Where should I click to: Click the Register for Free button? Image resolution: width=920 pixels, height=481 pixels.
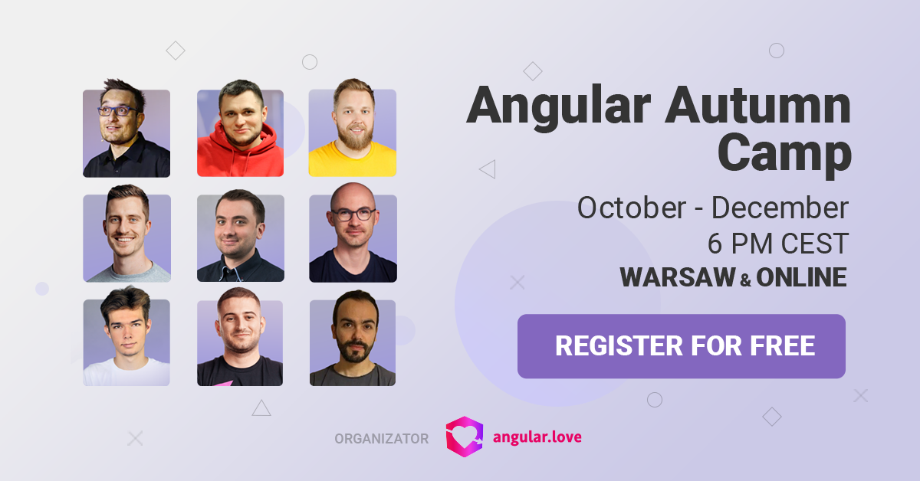point(682,346)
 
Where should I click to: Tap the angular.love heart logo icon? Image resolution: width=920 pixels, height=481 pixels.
point(465,437)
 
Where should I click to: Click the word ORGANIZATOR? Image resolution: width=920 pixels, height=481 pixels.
point(382,439)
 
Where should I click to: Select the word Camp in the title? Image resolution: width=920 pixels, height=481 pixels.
point(784,154)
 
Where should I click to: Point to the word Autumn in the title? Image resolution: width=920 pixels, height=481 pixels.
point(758,105)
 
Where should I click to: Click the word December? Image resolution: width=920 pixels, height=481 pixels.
point(780,208)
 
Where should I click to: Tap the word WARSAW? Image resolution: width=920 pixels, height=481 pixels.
point(678,277)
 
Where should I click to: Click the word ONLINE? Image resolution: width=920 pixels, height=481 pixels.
point(802,277)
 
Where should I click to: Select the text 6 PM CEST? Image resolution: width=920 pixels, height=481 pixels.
point(778,244)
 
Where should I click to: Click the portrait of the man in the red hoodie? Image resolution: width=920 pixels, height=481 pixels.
point(240,128)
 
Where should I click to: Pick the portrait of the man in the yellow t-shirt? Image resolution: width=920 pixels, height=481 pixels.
point(353,128)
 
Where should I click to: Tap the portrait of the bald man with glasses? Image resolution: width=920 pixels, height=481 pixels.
point(353,233)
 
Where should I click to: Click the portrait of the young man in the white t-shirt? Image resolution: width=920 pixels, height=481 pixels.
point(127,336)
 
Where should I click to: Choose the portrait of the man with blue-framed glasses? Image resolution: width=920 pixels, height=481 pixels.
point(127,128)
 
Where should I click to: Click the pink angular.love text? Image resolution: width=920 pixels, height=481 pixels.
point(537,437)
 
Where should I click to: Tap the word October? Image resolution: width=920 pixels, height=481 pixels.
point(632,208)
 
